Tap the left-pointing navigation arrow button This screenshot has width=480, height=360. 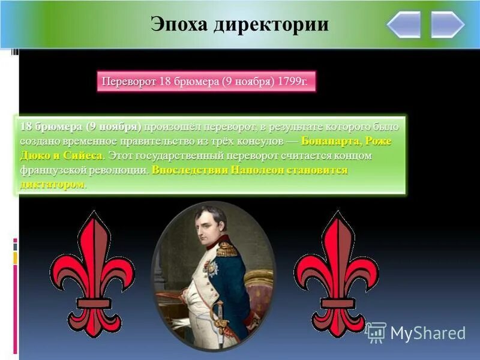click(x=403, y=25)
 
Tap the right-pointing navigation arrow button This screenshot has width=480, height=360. click(x=448, y=25)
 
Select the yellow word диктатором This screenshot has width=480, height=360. click(x=52, y=184)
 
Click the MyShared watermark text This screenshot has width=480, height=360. click(x=428, y=333)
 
